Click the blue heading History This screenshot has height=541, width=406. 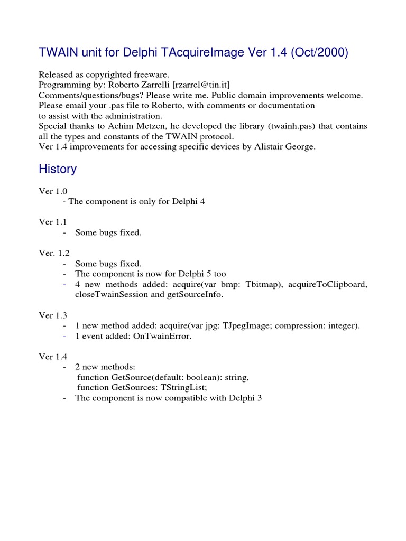pyautogui.click(x=58, y=169)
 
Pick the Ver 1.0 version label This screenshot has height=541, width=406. pyautogui.click(x=53, y=192)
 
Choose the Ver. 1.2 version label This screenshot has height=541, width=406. pyautogui.click(x=54, y=254)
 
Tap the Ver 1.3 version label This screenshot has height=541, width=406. pyautogui.click(x=53, y=315)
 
